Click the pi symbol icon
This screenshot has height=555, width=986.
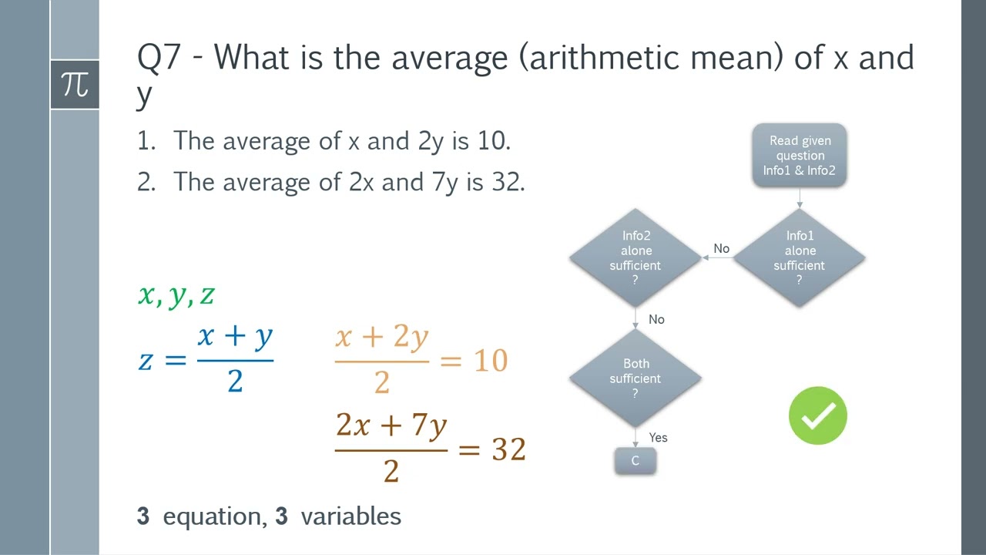[75, 84]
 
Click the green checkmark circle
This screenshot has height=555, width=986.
[817, 416]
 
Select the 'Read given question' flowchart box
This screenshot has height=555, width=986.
[800, 156]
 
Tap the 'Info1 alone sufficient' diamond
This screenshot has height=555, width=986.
[799, 257]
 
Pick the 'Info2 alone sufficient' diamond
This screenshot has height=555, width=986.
[636, 257]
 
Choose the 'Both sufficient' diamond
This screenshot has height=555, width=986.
[636, 378]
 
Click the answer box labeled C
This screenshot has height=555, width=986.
[636, 461]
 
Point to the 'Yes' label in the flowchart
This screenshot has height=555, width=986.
[658, 438]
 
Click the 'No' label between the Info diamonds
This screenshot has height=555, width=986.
[721, 249]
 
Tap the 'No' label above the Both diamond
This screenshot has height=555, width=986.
[656, 320]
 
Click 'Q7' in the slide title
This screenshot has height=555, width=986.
[159, 59]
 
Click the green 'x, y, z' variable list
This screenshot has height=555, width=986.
[176, 295]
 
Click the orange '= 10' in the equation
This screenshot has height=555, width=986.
[474, 361]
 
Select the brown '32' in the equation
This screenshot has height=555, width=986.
[508, 449]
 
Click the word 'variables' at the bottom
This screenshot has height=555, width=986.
[350, 516]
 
